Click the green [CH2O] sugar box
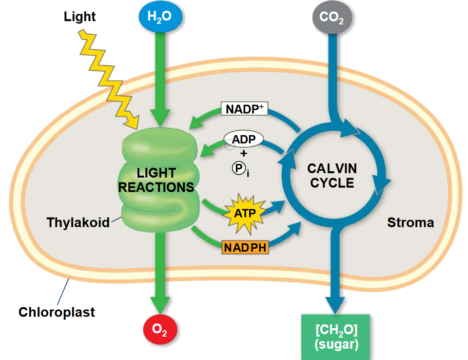click(336, 337)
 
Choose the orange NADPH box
click(245, 247)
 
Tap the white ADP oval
click(243, 140)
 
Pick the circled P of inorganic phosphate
click(237, 168)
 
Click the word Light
click(80, 17)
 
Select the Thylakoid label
click(78, 223)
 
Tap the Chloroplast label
click(57, 312)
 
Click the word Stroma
click(410, 223)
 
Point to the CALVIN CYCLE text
click(332, 176)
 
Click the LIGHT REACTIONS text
click(156, 180)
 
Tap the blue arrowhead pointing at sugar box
click(336, 305)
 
